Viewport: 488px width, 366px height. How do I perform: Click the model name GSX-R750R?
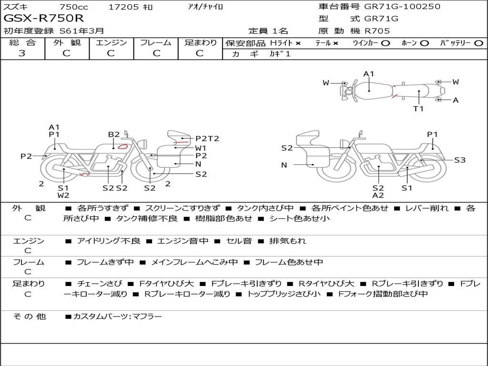point(43,18)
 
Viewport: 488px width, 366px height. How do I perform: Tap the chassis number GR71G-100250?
point(402,6)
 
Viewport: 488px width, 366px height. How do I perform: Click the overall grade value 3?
point(22,53)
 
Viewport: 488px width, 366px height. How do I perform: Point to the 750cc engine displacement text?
point(74,7)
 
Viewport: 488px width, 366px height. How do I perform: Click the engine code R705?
point(377,31)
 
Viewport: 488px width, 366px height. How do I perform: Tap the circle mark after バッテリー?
point(478,43)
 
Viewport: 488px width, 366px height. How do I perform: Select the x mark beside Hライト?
point(298,43)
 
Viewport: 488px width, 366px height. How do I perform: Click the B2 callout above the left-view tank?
point(114,134)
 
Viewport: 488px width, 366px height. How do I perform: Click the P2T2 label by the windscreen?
point(207,139)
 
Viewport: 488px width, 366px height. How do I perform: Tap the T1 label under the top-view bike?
point(418,109)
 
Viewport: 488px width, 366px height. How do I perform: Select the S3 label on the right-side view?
point(460,160)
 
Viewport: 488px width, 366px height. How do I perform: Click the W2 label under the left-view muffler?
point(63,195)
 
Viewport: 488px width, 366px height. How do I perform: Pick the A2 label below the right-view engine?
point(378,195)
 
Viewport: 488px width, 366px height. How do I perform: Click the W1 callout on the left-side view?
point(201,148)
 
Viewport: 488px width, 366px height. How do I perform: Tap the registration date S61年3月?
point(82,31)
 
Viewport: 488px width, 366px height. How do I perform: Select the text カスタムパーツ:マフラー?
point(118,316)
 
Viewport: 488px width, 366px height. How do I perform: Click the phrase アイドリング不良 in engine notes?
point(109,241)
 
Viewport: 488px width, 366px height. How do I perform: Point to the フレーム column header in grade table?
point(156,42)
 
